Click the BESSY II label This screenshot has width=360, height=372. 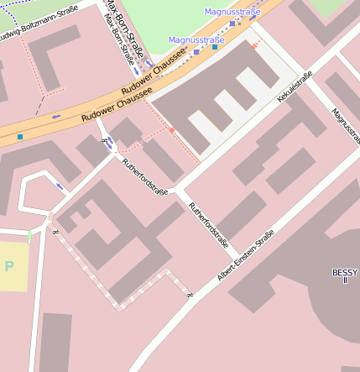point(345,275)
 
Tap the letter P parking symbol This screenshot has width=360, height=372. point(9,267)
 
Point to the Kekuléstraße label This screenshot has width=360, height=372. point(295,87)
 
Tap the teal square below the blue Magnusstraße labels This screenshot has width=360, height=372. point(215,47)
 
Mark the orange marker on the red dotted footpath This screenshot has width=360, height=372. point(171,130)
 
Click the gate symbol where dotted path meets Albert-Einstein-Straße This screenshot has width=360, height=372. point(190,295)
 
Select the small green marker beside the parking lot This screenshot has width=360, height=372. point(29,236)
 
